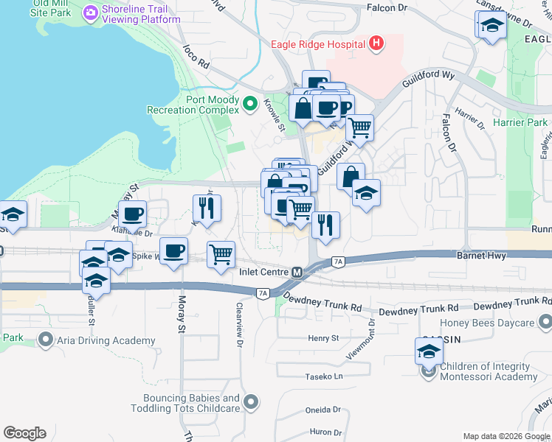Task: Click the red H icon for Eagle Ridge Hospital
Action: [376, 43]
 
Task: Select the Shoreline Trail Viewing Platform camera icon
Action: [92, 12]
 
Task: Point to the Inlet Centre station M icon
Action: [297, 272]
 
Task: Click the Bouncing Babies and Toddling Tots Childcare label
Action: [186, 402]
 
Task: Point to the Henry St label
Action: [323, 338]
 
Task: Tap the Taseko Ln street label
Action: [325, 376]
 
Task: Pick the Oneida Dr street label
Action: [322, 410]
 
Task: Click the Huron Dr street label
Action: [325, 432]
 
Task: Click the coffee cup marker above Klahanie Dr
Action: [132, 214]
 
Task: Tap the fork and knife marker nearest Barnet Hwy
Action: [325, 224]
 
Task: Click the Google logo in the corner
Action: [24, 433]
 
